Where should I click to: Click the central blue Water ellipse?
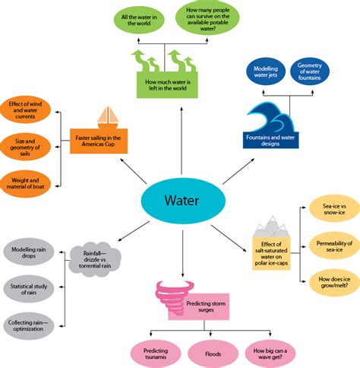(x=183, y=201)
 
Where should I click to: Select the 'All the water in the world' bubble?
(x=139, y=20)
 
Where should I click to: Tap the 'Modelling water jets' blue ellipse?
(x=266, y=71)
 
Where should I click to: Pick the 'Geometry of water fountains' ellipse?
(x=310, y=71)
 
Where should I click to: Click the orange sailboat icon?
(x=108, y=118)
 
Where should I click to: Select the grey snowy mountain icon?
(x=272, y=227)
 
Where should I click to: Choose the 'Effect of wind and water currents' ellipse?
(x=25, y=110)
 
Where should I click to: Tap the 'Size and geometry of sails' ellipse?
(x=25, y=147)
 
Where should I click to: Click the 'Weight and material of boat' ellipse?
(x=25, y=184)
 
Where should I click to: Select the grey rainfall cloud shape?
(x=95, y=259)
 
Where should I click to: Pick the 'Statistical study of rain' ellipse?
(x=29, y=289)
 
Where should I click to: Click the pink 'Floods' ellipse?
(x=213, y=354)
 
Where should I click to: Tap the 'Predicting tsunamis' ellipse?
(x=156, y=354)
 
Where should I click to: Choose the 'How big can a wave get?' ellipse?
(x=270, y=354)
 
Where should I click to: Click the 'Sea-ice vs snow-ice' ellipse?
(x=334, y=209)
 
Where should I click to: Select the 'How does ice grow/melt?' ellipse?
(x=334, y=282)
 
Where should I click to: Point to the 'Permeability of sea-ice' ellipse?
(x=334, y=246)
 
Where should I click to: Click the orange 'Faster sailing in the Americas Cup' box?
(x=99, y=141)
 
